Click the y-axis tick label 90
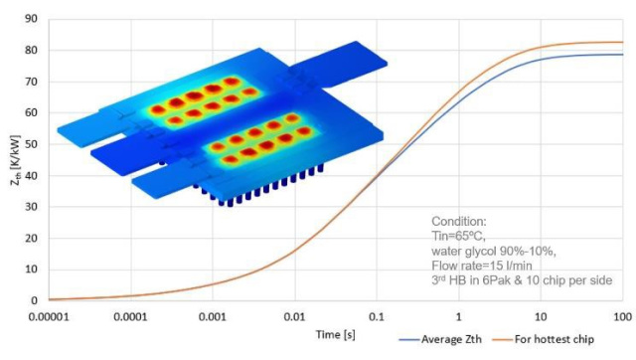(x=31, y=19)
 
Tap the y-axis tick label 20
(x=31, y=238)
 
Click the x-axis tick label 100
(x=623, y=315)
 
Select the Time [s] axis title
(x=331, y=330)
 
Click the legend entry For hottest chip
(x=573, y=341)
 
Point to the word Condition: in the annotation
(x=460, y=221)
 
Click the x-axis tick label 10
(x=542, y=315)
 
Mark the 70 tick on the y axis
(x=31, y=82)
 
